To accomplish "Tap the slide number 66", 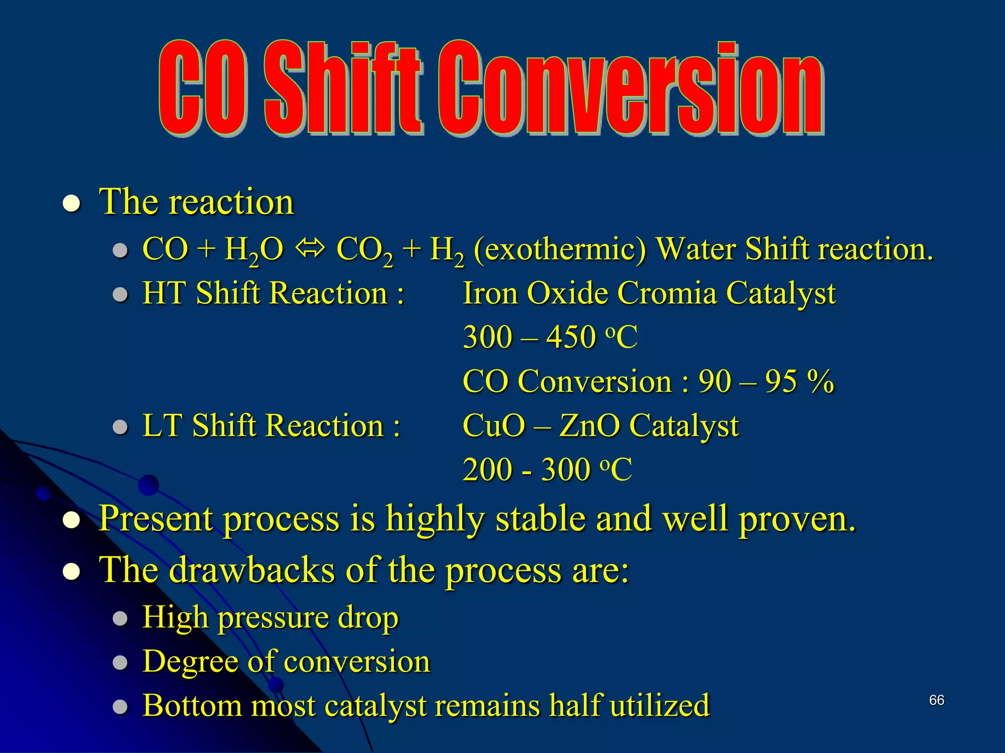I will click(936, 700).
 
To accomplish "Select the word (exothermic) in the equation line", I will click(560, 250).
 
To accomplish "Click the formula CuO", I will click(494, 425).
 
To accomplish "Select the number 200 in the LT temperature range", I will click(487, 469).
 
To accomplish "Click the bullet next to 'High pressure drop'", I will click(120, 619).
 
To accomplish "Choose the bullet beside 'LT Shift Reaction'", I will click(120, 427).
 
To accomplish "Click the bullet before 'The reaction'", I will click(72, 203).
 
